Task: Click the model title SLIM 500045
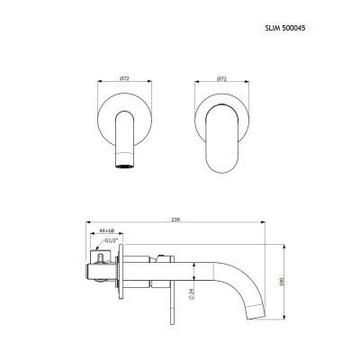point(285,28)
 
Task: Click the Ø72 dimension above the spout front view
point(124,78)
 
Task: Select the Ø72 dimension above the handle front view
point(221,78)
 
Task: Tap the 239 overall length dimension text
point(175,220)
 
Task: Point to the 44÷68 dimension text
point(107,230)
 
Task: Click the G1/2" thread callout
point(112,240)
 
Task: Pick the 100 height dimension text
point(282,282)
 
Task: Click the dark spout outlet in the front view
point(124,166)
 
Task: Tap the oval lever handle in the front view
point(221,139)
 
